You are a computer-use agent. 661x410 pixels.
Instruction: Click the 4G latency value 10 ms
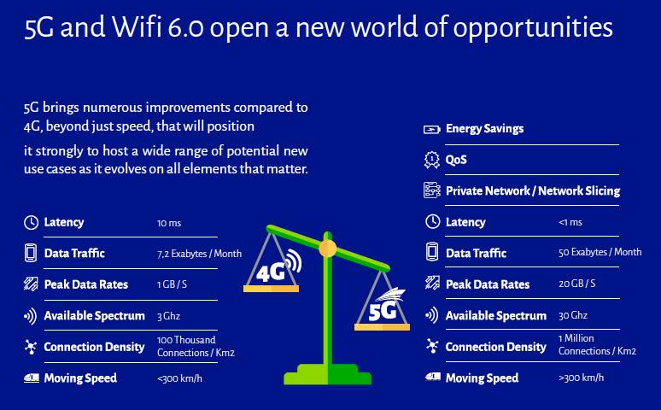[x=169, y=223]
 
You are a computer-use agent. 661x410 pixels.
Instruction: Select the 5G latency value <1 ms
[x=570, y=222]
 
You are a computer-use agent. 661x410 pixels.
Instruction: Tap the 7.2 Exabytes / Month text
[x=199, y=254]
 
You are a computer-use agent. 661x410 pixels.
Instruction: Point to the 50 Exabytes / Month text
[x=600, y=252]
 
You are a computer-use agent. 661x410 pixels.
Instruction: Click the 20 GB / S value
[x=576, y=284]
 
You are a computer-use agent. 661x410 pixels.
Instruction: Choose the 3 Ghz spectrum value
[x=168, y=316]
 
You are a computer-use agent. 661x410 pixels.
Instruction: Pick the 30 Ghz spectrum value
[x=573, y=315]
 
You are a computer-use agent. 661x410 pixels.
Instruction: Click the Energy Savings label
[x=484, y=129]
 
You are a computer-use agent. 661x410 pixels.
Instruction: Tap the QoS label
[x=456, y=160]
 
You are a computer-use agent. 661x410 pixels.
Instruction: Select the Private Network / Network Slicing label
[x=533, y=191]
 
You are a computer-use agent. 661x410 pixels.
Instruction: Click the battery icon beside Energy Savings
[x=431, y=129]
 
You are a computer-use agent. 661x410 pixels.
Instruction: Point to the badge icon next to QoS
[x=431, y=161]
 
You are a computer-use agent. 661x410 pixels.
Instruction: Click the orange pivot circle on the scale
[x=328, y=249]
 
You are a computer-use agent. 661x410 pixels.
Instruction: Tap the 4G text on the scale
[x=272, y=272]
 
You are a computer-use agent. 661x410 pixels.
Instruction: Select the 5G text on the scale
[x=383, y=311]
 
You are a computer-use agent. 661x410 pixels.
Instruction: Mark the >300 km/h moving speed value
[x=581, y=378]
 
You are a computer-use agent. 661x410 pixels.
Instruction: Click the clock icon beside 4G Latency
[x=31, y=222]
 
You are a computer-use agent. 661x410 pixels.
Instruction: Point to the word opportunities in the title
[x=533, y=28]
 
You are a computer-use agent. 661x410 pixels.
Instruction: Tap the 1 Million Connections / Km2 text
[x=597, y=344]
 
